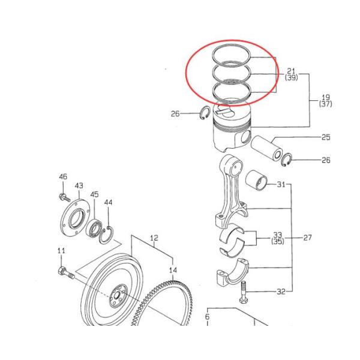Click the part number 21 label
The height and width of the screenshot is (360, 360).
(x=291, y=71)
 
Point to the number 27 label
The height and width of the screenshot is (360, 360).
(x=307, y=238)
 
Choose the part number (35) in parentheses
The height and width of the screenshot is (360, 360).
(x=278, y=242)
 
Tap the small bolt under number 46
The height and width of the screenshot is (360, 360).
(x=62, y=197)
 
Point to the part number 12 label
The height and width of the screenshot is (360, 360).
(x=154, y=238)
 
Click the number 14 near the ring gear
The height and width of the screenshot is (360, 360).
(x=173, y=270)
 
